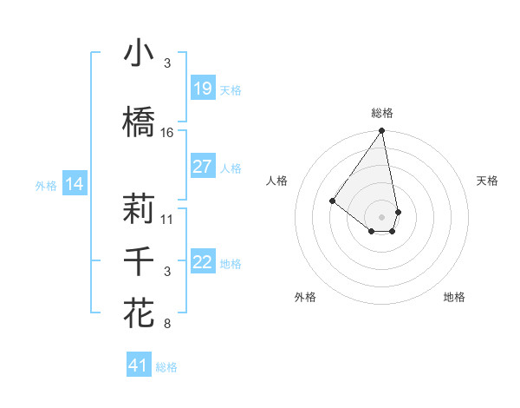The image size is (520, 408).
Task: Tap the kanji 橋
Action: (x=139, y=122)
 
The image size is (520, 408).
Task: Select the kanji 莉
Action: (x=139, y=208)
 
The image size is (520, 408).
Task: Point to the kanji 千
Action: (x=139, y=261)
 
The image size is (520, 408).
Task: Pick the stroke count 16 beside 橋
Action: (x=167, y=133)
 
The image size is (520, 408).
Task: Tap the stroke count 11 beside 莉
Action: (x=167, y=219)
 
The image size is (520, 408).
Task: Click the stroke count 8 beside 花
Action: (x=167, y=325)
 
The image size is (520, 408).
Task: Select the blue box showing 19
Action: (x=202, y=89)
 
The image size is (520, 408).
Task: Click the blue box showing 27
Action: (x=202, y=167)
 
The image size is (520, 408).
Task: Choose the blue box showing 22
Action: (x=202, y=262)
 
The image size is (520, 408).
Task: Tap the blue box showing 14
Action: (x=75, y=184)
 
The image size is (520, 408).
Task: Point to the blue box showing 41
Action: (x=139, y=365)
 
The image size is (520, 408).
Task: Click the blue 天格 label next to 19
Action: (x=231, y=89)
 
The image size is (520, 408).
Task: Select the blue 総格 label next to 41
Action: (x=166, y=367)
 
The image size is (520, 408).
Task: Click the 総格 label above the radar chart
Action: (x=381, y=113)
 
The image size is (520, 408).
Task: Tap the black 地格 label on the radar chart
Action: (x=454, y=297)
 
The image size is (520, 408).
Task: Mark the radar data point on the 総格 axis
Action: (x=381, y=131)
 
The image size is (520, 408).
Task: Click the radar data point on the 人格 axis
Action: (x=332, y=201)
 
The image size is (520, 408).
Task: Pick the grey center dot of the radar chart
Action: (x=381, y=216)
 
